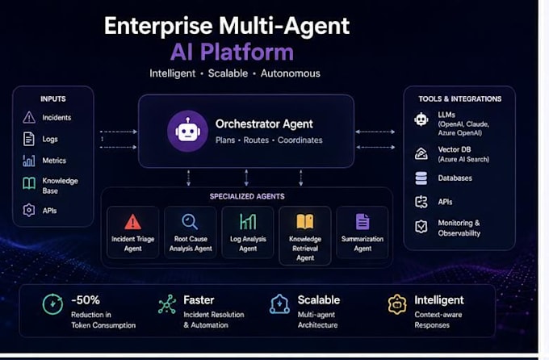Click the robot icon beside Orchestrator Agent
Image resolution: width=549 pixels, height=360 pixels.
[x=187, y=131]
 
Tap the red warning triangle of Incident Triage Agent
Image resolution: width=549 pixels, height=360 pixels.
[x=132, y=221]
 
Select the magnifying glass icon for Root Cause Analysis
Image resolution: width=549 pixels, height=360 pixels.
[x=190, y=221]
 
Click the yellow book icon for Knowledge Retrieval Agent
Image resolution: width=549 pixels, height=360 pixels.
[x=305, y=221]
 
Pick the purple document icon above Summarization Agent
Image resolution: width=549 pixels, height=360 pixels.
[x=363, y=221]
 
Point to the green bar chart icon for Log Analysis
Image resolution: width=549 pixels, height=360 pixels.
[x=248, y=221]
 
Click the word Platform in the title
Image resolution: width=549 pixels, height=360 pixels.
[x=247, y=52]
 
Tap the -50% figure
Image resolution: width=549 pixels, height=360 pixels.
[x=86, y=299]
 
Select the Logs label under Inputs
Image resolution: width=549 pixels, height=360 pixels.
[x=50, y=139]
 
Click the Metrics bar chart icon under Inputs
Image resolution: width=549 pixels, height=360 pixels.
[x=29, y=161]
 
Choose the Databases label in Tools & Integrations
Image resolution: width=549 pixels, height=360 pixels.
[x=455, y=178]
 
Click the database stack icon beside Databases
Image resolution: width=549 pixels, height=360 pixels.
[x=421, y=178]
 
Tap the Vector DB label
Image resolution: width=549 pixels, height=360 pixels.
[x=455, y=149]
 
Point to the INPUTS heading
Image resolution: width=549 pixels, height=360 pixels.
[x=52, y=98]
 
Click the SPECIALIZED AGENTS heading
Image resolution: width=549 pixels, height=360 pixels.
[x=247, y=196]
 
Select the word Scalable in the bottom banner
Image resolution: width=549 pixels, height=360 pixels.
[x=319, y=299]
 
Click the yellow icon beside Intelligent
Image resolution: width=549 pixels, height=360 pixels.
[x=397, y=304]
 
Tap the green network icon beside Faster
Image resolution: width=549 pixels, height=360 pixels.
[x=167, y=304]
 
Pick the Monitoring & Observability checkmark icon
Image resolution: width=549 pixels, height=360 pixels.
[x=421, y=227]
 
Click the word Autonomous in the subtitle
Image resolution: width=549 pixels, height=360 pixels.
[x=291, y=73]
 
